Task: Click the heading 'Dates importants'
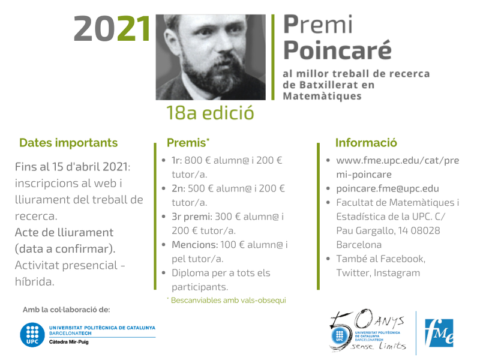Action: pyautogui.click(x=68, y=143)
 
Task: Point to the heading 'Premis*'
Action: pyautogui.click(x=188, y=143)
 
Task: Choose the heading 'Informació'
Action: pyautogui.click(x=366, y=143)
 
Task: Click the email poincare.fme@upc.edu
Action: pyautogui.click(x=388, y=188)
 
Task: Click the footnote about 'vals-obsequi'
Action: pyautogui.click(x=226, y=300)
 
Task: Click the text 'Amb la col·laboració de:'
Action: pyautogui.click(x=66, y=310)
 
